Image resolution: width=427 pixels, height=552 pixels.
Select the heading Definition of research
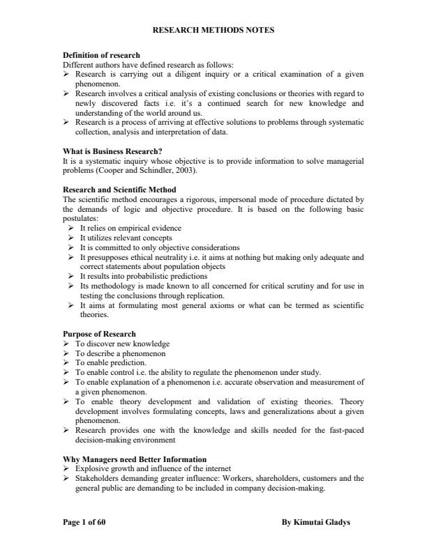101,55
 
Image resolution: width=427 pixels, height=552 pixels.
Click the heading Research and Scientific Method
119,190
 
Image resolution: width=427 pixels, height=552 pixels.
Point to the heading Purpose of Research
99,334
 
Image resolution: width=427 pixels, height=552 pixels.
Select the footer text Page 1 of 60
84,521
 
